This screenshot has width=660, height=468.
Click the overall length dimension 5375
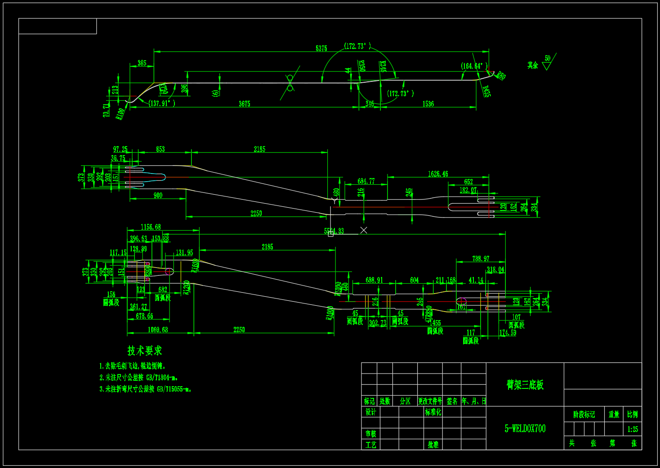(321, 48)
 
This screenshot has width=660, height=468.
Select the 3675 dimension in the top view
(244, 104)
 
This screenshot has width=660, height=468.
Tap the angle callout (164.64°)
(474, 66)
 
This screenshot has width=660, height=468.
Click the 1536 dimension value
(428, 104)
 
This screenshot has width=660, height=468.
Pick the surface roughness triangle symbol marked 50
(547, 66)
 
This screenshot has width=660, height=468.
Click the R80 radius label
(501, 76)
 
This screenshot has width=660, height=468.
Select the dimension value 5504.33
(334, 231)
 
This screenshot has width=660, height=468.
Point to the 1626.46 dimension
(437, 174)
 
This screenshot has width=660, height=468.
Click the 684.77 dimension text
(366, 181)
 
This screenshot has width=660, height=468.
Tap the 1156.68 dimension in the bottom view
(151, 227)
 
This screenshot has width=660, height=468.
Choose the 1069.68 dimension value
(158, 330)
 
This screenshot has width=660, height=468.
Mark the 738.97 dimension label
(481, 259)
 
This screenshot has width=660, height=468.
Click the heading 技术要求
(144, 351)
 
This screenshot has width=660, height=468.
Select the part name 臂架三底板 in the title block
(525, 385)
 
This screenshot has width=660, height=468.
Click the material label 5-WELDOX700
(525, 428)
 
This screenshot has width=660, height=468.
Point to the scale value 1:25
(632, 429)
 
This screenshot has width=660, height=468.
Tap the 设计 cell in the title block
(370, 412)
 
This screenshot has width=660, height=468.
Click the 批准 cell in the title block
(433, 445)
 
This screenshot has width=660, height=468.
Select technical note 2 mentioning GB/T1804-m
(138, 378)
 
